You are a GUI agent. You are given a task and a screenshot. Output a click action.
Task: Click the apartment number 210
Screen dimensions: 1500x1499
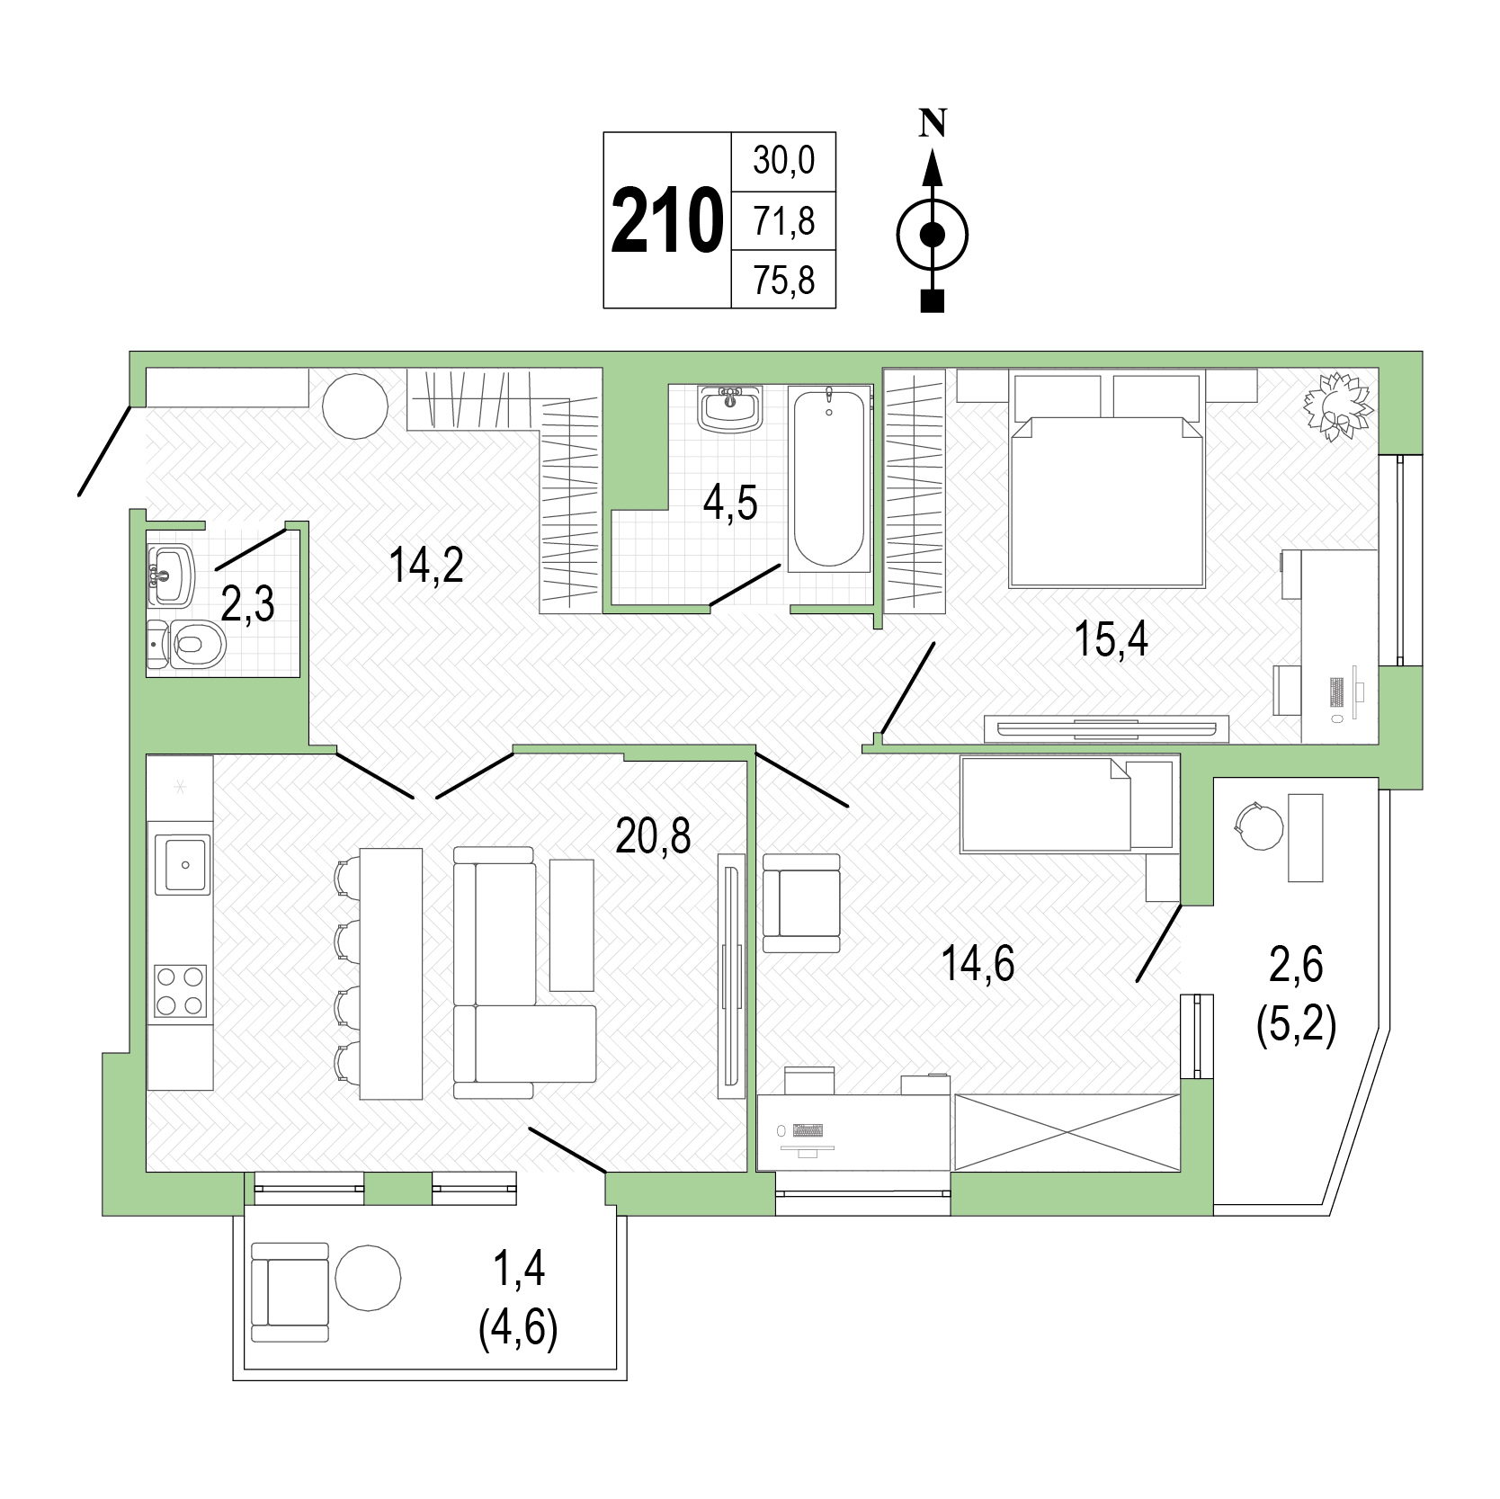coord(666,221)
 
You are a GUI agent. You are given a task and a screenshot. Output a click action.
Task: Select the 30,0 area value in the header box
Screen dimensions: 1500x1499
coord(784,161)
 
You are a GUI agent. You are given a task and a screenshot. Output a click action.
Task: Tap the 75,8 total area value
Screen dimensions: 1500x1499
coord(784,281)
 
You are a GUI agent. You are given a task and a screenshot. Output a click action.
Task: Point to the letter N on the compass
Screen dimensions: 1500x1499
coord(933,122)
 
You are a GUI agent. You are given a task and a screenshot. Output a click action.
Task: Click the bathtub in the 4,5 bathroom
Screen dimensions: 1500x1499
coord(829,477)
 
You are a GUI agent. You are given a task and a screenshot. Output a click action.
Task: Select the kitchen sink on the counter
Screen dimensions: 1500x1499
coord(183,864)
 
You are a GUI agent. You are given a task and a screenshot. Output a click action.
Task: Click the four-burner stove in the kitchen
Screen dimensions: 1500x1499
coord(181,991)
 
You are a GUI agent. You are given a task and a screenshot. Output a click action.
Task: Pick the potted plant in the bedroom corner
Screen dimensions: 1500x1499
coord(1339,406)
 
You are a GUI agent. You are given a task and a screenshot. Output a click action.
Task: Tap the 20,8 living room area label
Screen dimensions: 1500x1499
coord(653,835)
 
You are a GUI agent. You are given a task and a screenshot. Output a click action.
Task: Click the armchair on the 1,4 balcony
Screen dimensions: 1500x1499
coord(290,1292)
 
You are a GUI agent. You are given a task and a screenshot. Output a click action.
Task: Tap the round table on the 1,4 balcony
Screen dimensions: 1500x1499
coord(368,1277)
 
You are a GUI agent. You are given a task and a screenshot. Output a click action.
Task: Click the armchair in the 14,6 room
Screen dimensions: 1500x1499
coord(800,903)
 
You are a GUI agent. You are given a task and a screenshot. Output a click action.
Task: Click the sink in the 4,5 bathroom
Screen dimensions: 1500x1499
coord(730,409)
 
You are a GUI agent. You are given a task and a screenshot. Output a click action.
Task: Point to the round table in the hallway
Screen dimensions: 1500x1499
coord(355,406)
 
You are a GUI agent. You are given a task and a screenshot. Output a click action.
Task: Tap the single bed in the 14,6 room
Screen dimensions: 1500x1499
coord(1068,803)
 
